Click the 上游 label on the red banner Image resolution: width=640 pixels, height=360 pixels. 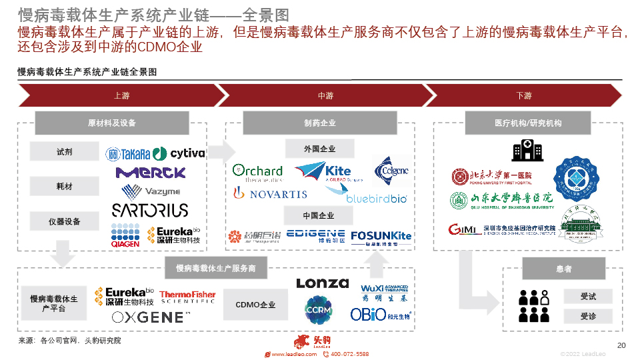[x=121, y=96]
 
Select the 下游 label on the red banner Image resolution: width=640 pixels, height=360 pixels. [x=524, y=96]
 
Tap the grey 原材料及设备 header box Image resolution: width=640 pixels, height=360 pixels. [x=112, y=123]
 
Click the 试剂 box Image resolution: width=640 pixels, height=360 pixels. [x=65, y=152]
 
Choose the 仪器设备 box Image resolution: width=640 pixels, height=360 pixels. [x=65, y=221]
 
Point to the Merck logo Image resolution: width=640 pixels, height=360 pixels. [x=150, y=173]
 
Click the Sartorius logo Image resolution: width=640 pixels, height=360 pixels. [x=150, y=211]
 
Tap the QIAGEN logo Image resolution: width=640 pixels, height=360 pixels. [x=125, y=235]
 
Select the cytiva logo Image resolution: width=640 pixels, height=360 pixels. [x=179, y=154]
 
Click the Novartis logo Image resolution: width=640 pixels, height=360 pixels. [x=269, y=194]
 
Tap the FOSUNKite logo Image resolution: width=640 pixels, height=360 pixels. [x=381, y=237]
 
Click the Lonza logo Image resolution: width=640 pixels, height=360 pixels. [x=323, y=283]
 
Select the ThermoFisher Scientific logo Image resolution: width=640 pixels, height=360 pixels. [x=187, y=297]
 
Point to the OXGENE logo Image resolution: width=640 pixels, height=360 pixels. [x=151, y=317]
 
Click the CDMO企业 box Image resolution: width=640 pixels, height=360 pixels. [x=255, y=305]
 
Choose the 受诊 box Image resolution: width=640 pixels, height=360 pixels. [x=588, y=316]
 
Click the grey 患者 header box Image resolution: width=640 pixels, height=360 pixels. [x=563, y=269]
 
